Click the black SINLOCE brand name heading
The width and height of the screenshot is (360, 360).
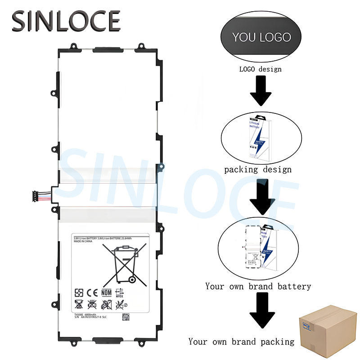67,21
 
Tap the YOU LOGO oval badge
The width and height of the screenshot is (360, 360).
261,37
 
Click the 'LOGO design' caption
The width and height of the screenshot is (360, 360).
260,69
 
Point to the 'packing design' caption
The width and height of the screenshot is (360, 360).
258,170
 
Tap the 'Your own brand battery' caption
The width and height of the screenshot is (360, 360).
258,286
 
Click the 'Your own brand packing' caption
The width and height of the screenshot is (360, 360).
241,342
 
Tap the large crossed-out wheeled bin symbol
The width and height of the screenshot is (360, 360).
121,263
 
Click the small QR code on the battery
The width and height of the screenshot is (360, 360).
126,317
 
